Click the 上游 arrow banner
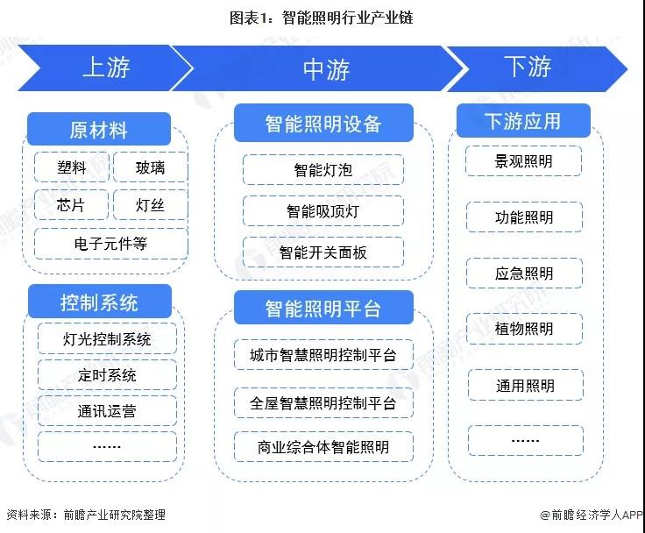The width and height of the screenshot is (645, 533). (x=105, y=68)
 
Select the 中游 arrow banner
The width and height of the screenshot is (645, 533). (x=321, y=68)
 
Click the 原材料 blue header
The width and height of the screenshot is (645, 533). (x=99, y=129)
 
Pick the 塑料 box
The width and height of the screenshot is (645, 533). (x=72, y=167)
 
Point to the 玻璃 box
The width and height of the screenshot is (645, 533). (x=150, y=167)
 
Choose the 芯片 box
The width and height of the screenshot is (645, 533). (x=71, y=204)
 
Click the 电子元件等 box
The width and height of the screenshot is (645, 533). (x=111, y=244)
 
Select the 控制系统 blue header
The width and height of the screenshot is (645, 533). (x=100, y=302)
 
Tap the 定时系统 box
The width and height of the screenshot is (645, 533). (x=107, y=375)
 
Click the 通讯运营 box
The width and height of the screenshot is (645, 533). (x=107, y=411)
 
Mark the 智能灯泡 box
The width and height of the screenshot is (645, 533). (x=323, y=169)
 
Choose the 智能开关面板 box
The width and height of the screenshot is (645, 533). (x=323, y=252)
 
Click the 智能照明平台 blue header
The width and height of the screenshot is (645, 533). (x=323, y=308)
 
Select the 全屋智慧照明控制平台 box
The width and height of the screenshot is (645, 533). (x=323, y=402)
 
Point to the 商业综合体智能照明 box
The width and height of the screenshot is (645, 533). (x=323, y=446)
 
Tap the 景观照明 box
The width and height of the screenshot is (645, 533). (x=524, y=161)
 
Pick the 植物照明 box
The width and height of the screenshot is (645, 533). (x=524, y=329)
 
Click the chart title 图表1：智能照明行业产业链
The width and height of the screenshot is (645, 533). (x=322, y=18)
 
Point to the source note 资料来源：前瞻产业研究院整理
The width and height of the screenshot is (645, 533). (x=86, y=515)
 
